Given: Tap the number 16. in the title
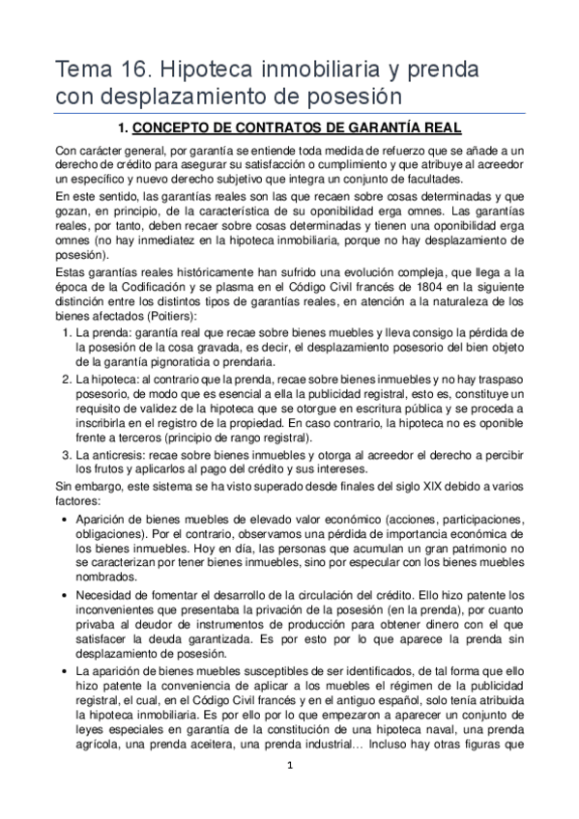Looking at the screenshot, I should point(134,71).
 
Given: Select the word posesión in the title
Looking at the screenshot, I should point(352,97).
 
